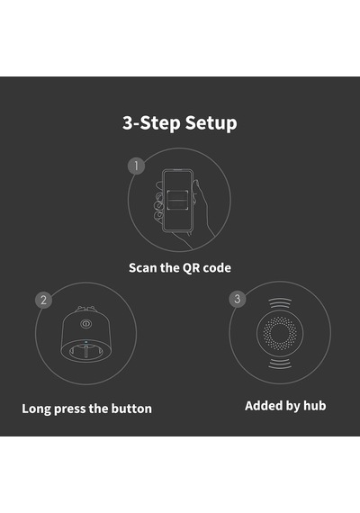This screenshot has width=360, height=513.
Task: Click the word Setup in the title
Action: [x=211, y=123]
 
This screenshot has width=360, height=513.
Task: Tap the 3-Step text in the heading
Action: [x=151, y=123]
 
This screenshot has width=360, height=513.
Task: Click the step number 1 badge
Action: [x=136, y=166]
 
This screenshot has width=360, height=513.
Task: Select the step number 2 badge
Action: [x=43, y=300]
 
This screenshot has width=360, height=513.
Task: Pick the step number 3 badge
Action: [x=238, y=299]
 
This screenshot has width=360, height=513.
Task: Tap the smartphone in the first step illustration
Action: [x=177, y=200]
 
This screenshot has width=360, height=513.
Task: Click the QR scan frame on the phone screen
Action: [x=177, y=200]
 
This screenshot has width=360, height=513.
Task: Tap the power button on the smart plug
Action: [x=85, y=324]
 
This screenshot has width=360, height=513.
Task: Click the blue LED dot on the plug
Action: [x=86, y=342]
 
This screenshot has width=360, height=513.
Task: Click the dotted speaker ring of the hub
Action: [x=280, y=333]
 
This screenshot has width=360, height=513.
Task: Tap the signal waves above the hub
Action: [x=280, y=303]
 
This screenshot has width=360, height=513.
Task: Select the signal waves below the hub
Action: [x=280, y=364]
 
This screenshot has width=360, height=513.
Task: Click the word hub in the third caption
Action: [x=314, y=406]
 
